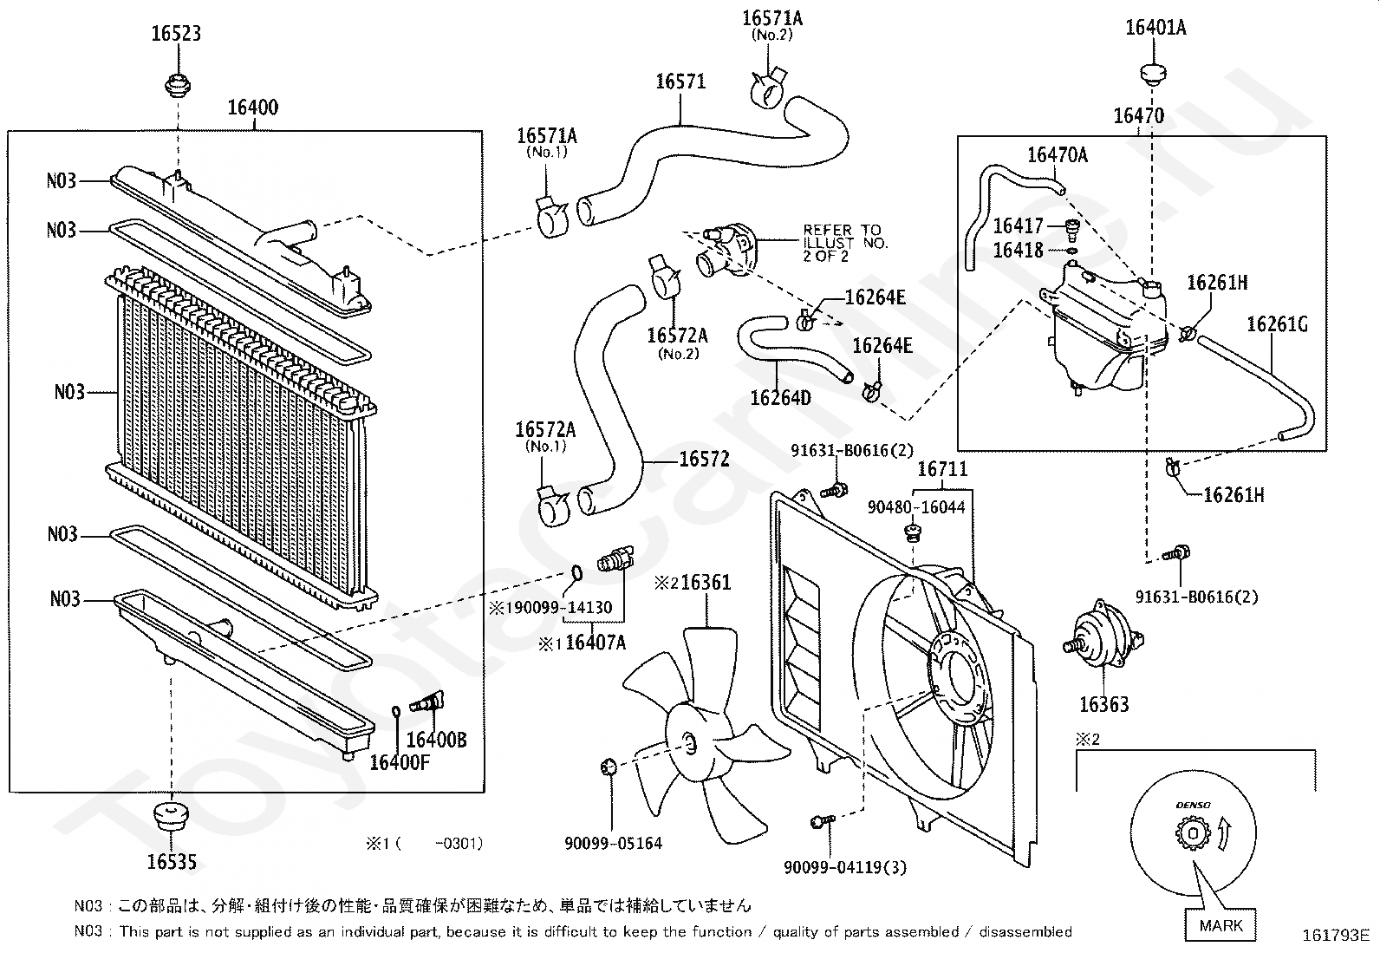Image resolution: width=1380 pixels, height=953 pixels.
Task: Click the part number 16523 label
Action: (176, 34)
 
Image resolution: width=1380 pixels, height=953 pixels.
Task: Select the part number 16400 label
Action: (253, 108)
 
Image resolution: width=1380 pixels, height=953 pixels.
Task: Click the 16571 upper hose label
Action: (680, 82)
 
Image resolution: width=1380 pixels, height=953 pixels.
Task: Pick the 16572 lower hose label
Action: (704, 459)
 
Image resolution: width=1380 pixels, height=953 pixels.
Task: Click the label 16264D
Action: (780, 398)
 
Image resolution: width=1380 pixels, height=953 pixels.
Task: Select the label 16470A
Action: (1057, 155)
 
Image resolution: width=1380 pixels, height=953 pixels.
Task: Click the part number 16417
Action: (1018, 226)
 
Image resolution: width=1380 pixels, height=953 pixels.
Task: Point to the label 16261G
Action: (1277, 324)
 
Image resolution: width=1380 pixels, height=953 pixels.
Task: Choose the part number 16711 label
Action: (942, 470)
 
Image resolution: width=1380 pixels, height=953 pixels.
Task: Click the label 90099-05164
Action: (613, 842)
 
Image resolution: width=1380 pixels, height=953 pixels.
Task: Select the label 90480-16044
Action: (916, 507)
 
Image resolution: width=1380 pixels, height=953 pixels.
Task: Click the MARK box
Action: (1220, 925)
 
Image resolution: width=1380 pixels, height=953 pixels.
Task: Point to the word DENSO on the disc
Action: (1193, 806)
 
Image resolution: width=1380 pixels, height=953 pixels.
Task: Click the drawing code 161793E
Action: (1335, 936)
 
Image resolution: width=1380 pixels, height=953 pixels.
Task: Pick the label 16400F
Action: (400, 762)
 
